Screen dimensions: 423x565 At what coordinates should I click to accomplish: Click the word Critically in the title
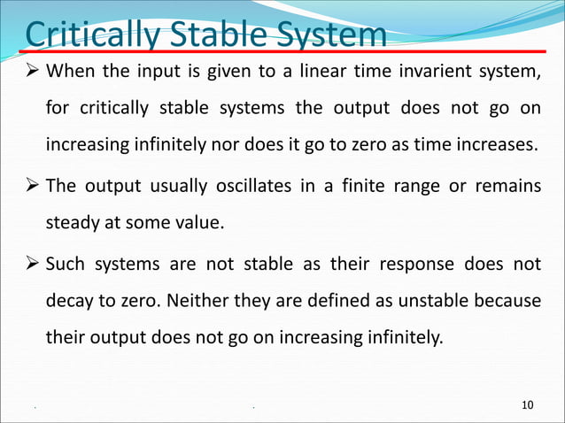click(x=81, y=36)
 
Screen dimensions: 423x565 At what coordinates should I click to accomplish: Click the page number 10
click(x=529, y=405)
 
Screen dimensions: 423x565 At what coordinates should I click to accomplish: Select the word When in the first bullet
click(x=68, y=71)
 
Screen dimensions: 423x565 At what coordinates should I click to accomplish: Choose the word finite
click(x=359, y=187)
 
